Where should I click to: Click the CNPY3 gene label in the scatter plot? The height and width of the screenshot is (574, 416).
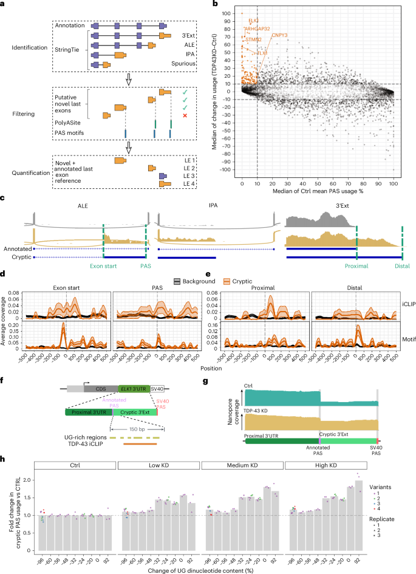[x=279, y=36]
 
